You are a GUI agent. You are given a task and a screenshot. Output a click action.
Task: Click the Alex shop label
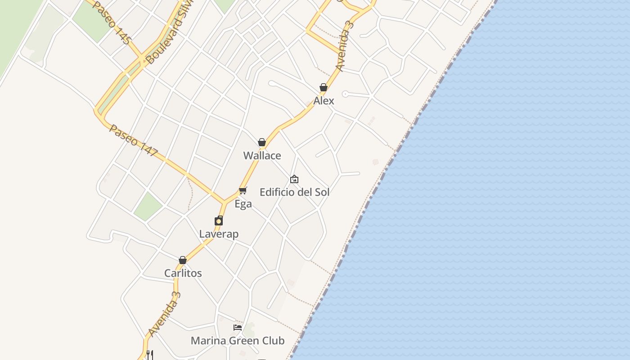(x=324, y=101)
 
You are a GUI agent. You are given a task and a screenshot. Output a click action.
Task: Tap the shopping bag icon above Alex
(x=323, y=87)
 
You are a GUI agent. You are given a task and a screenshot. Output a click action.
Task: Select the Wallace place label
(x=262, y=156)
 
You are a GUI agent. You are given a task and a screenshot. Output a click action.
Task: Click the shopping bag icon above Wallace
(x=262, y=142)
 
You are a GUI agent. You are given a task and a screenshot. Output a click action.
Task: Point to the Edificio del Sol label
(x=294, y=192)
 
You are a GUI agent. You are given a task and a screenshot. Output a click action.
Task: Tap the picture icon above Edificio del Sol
(x=294, y=179)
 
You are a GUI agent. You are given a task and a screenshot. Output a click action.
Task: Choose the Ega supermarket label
(x=243, y=204)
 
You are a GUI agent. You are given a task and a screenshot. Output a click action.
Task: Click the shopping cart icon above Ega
(x=243, y=190)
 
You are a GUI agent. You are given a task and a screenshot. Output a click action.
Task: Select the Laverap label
(x=219, y=234)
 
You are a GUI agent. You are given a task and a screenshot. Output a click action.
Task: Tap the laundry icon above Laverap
(x=219, y=220)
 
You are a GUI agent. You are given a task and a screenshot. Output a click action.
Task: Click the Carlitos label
(x=183, y=273)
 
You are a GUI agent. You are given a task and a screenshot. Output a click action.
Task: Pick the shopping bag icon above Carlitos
(x=183, y=260)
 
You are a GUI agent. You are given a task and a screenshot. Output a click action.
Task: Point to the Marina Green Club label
(x=238, y=341)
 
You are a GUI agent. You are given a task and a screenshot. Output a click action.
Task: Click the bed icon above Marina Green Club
(x=238, y=327)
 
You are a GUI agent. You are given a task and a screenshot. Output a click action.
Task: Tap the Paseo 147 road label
(x=133, y=141)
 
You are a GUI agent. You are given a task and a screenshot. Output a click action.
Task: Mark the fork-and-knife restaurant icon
(x=150, y=355)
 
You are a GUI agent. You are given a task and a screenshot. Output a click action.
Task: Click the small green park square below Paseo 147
(x=148, y=207)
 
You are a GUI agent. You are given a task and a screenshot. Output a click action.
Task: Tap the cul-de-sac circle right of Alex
(x=345, y=94)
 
